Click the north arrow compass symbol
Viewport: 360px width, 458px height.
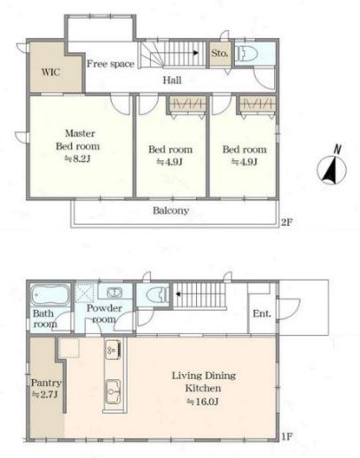[332, 167]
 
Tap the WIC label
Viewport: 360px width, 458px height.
[51, 72]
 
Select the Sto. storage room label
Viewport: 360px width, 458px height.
[220, 53]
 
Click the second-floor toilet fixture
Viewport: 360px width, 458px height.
[247, 53]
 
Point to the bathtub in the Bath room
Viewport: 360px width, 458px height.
[50, 295]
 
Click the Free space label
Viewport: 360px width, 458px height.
[110, 64]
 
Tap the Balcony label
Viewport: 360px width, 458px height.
[171, 211]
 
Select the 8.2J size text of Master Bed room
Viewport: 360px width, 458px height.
[78, 159]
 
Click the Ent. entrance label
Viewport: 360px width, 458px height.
[262, 314]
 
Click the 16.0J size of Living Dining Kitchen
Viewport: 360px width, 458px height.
[203, 401]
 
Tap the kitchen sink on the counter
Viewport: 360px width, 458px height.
[113, 392]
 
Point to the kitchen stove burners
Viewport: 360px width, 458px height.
[113, 350]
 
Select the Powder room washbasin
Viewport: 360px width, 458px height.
[114, 292]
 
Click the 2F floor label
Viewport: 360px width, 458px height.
[286, 221]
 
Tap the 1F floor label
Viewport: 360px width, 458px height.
[286, 437]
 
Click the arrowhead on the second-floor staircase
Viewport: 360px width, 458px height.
[196, 53]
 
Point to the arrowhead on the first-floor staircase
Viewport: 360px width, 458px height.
[178, 294]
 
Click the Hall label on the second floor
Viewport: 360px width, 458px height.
[172, 80]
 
